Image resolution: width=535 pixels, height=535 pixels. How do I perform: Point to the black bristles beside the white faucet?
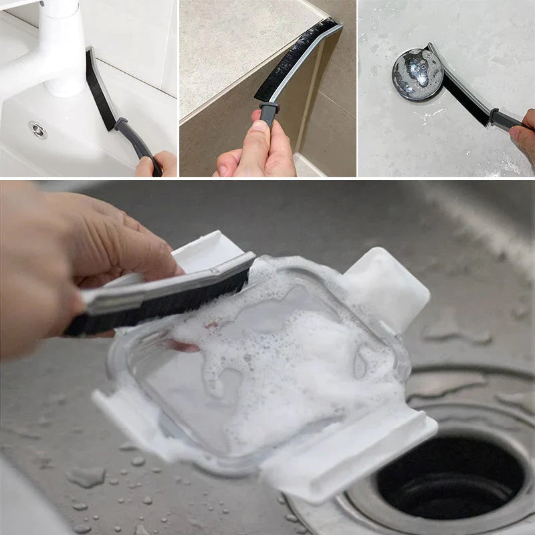100,91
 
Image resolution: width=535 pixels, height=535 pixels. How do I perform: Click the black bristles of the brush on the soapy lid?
167,294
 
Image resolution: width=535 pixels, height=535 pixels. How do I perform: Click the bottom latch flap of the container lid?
354,455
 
